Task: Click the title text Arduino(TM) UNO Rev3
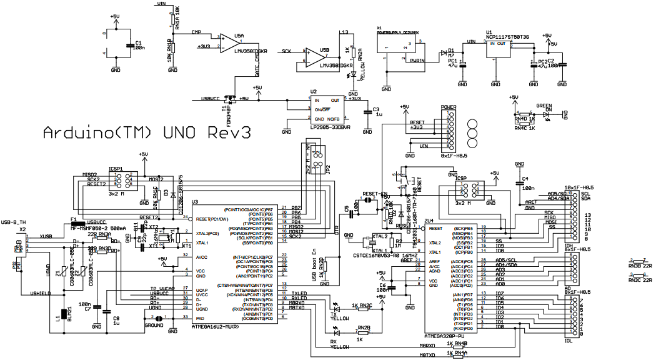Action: [147, 133]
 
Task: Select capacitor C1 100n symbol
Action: [129, 46]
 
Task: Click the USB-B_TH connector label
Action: [14, 222]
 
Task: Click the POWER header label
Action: [449, 107]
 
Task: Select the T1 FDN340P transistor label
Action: [224, 112]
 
